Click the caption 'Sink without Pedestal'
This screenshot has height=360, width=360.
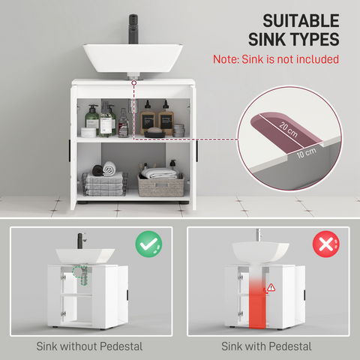pyautogui.click(x=89, y=346)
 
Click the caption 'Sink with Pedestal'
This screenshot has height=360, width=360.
pyautogui.click(x=266, y=346)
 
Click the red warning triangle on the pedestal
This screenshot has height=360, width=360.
pyautogui.click(x=271, y=287)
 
